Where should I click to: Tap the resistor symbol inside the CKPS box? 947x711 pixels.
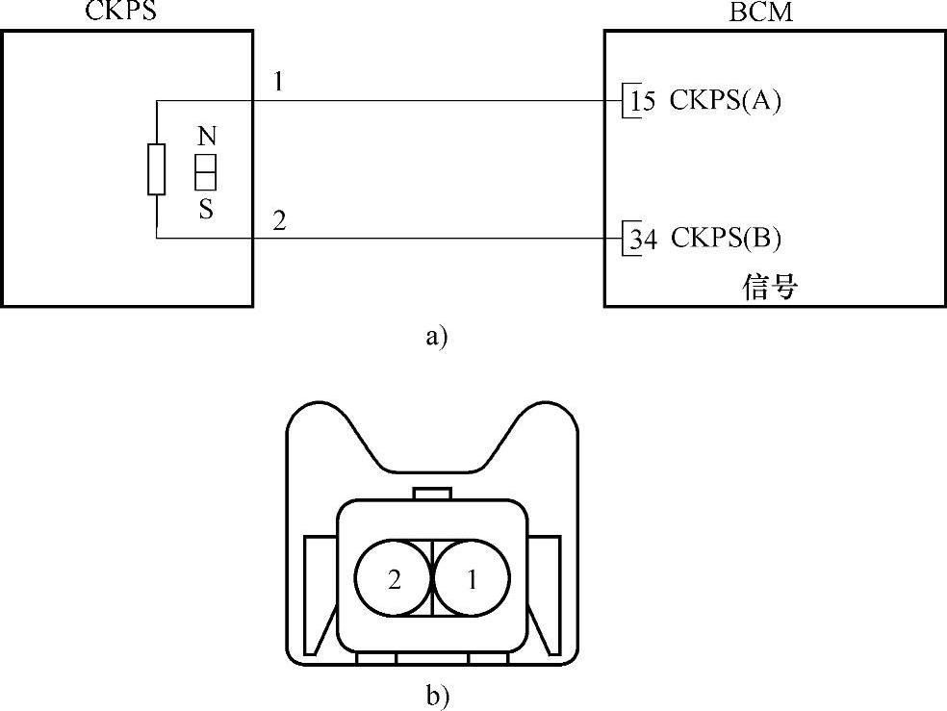point(156,169)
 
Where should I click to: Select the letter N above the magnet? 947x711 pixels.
point(205,135)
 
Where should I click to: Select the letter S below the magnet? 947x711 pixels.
point(206,210)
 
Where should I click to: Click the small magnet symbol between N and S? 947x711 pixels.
point(205,171)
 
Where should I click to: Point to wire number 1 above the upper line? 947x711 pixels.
point(278,82)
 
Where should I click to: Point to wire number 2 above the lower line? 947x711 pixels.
point(279,220)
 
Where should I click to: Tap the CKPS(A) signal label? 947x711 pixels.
point(726,101)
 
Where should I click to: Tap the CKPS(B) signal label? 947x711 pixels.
point(726,239)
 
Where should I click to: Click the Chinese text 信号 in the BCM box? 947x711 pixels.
point(771,287)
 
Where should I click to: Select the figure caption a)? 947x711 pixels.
point(435,337)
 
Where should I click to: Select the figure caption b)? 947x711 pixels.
point(438,695)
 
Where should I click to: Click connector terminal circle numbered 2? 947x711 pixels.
point(394,580)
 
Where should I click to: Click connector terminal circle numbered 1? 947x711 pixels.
point(472,580)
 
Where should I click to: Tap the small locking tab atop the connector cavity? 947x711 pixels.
point(432,494)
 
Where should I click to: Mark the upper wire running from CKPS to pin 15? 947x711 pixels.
point(433,100)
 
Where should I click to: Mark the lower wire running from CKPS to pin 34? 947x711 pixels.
point(433,239)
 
